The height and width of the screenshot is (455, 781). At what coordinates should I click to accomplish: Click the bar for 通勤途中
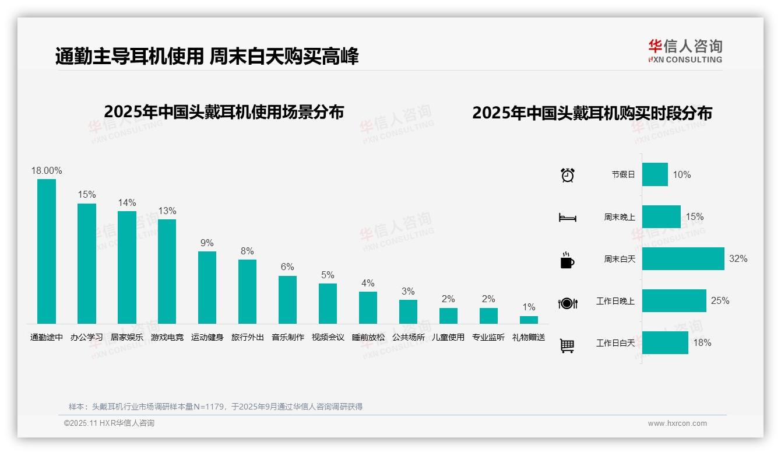coord(47,251)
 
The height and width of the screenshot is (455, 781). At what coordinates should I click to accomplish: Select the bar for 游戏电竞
coord(167,271)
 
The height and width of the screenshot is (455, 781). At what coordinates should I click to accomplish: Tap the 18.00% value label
coord(47,170)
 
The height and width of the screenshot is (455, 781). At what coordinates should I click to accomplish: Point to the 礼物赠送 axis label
coord(529,337)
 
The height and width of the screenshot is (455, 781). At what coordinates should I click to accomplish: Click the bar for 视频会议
coord(328,303)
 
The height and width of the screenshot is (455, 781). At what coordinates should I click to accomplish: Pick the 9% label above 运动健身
coord(207,243)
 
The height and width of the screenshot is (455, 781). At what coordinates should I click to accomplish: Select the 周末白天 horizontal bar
coord(683,258)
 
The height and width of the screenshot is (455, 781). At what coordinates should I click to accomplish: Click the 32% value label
coord(738,258)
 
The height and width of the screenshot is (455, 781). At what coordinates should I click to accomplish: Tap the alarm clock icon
coord(568,174)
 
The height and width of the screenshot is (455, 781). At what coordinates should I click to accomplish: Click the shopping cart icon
coord(567,345)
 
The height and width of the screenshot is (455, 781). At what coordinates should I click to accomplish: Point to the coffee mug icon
coord(567,260)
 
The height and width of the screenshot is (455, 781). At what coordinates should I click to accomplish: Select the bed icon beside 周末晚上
coord(567,218)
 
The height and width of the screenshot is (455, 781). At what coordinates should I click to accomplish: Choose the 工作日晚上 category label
coord(615,301)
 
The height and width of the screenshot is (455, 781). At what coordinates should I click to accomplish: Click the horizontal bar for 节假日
coord(655,174)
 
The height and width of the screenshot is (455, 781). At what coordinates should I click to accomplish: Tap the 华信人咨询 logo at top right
coord(685,51)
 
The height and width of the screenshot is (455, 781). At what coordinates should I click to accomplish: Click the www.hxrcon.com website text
coord(677,423)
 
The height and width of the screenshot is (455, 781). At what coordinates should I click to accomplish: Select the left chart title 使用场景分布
coord(224,111)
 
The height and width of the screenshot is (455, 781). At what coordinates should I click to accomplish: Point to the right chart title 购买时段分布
coord(592,113)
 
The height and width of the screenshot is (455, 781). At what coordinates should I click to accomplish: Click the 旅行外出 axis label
coord(248,337)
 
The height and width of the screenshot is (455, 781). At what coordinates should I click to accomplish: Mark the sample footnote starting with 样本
coord(216,407)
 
